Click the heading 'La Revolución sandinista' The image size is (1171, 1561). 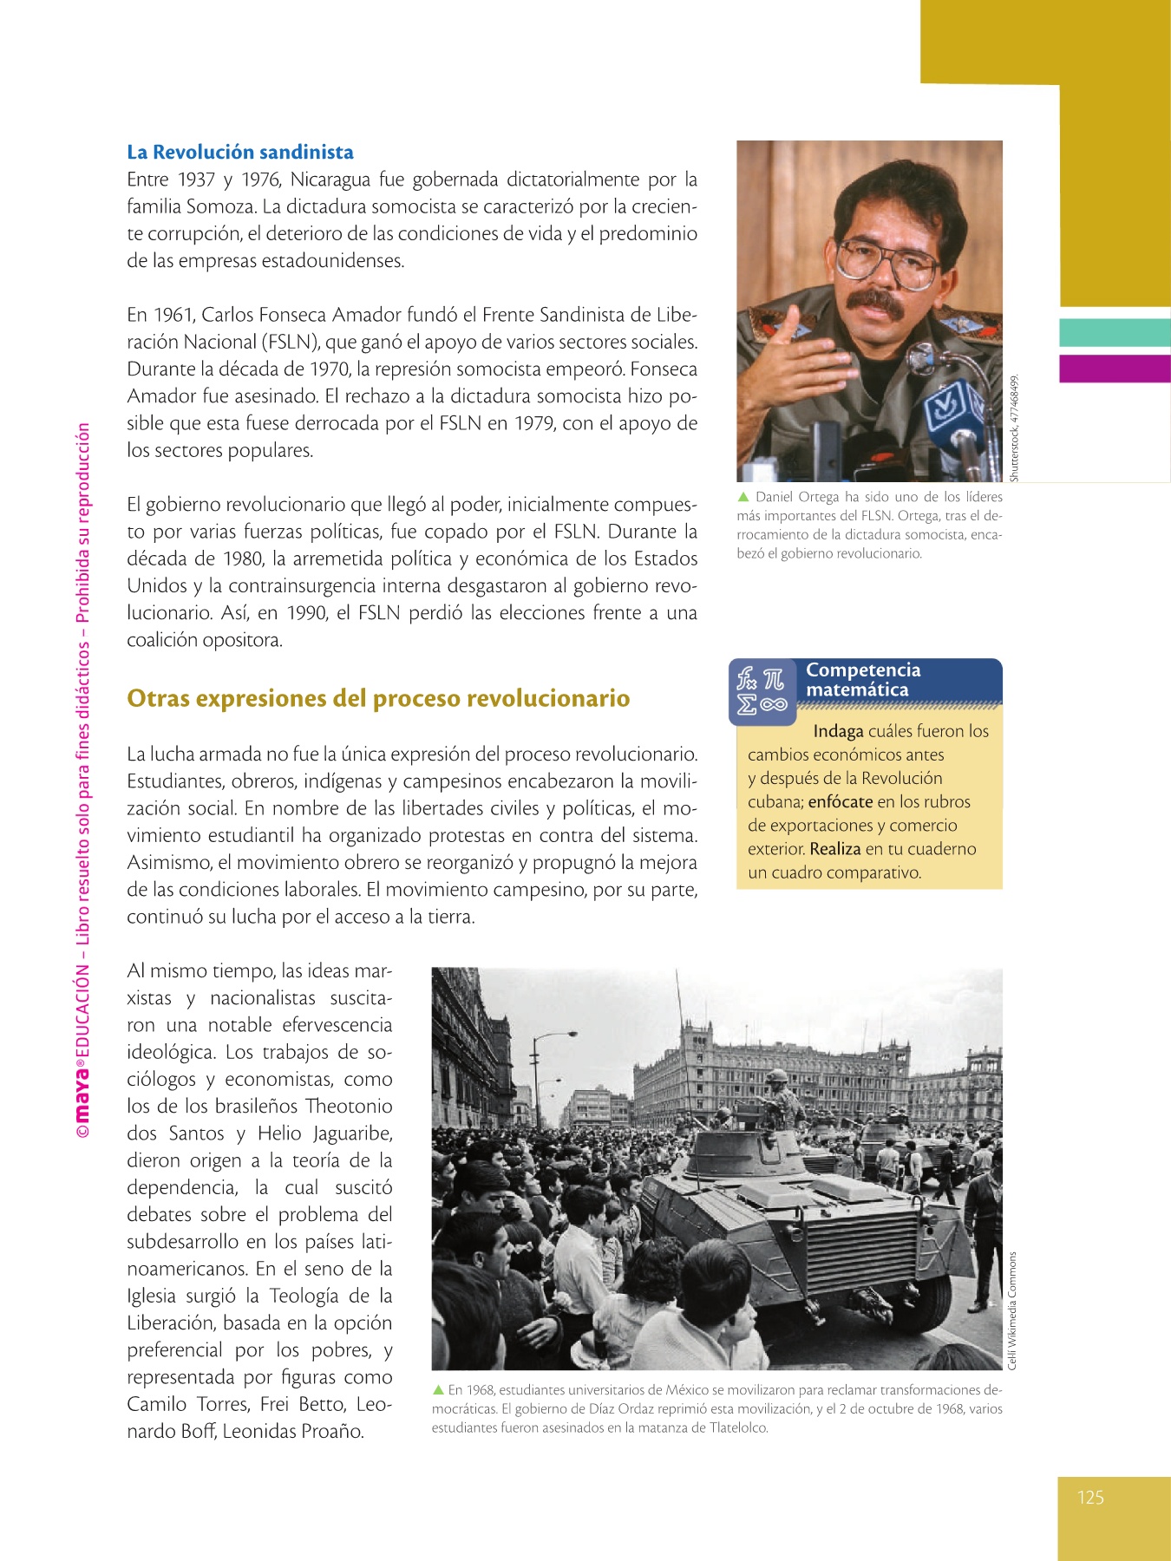239,152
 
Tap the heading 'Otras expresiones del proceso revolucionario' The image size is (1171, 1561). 378,698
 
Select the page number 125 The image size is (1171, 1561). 1090,1497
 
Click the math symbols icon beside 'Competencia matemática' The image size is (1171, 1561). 762,691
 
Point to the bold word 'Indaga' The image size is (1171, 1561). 838,731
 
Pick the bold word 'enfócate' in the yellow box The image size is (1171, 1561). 840,801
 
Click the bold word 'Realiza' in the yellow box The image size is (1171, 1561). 834,849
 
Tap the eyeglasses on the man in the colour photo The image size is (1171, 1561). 886,261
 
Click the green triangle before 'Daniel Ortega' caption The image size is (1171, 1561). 743,497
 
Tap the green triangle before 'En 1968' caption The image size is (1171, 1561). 438,1389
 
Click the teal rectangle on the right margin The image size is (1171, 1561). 1115,332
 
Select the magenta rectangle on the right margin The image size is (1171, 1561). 1115,368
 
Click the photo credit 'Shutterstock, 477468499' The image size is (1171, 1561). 1013,428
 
